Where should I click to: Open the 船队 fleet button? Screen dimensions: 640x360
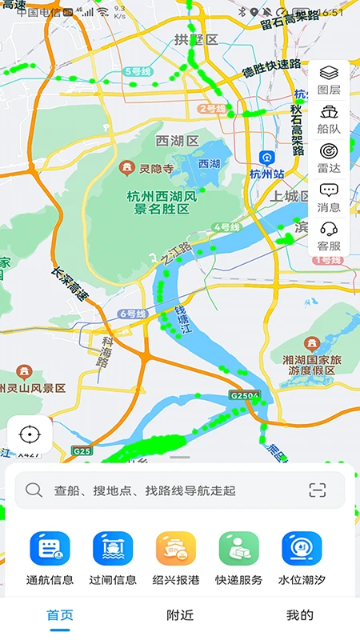329,118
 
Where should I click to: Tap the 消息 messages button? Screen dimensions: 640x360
329,194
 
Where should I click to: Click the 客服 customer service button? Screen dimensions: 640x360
329,234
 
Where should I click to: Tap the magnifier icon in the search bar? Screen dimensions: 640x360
34,490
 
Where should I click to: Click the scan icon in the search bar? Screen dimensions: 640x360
318,490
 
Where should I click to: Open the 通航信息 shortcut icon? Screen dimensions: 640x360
50,549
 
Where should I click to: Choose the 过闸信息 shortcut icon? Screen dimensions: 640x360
113,549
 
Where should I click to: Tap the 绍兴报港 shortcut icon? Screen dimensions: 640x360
176,549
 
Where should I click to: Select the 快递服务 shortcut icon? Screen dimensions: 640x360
239,549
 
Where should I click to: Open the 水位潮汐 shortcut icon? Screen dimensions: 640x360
302,549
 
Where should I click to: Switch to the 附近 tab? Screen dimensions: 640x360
180,615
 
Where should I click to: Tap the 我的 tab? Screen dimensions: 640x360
300,615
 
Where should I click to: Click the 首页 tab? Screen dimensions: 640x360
60,615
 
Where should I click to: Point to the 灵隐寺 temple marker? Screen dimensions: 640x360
126,168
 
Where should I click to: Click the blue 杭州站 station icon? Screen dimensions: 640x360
267,158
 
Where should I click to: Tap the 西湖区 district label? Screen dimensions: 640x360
177,141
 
